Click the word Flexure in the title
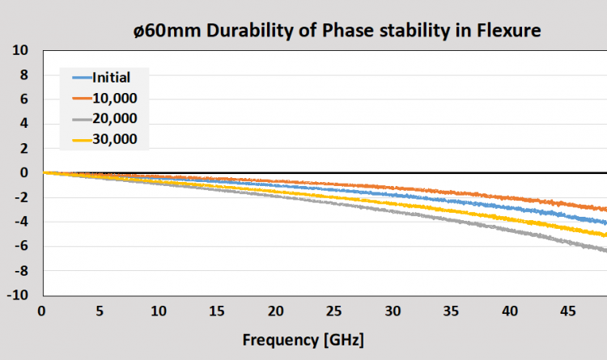504,32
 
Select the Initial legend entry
112,78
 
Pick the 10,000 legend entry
115,98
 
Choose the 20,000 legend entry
115,119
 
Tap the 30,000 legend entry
115,139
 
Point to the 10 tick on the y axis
21,50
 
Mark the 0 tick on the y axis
25,172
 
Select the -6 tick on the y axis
22,246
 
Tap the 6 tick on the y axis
25,99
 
